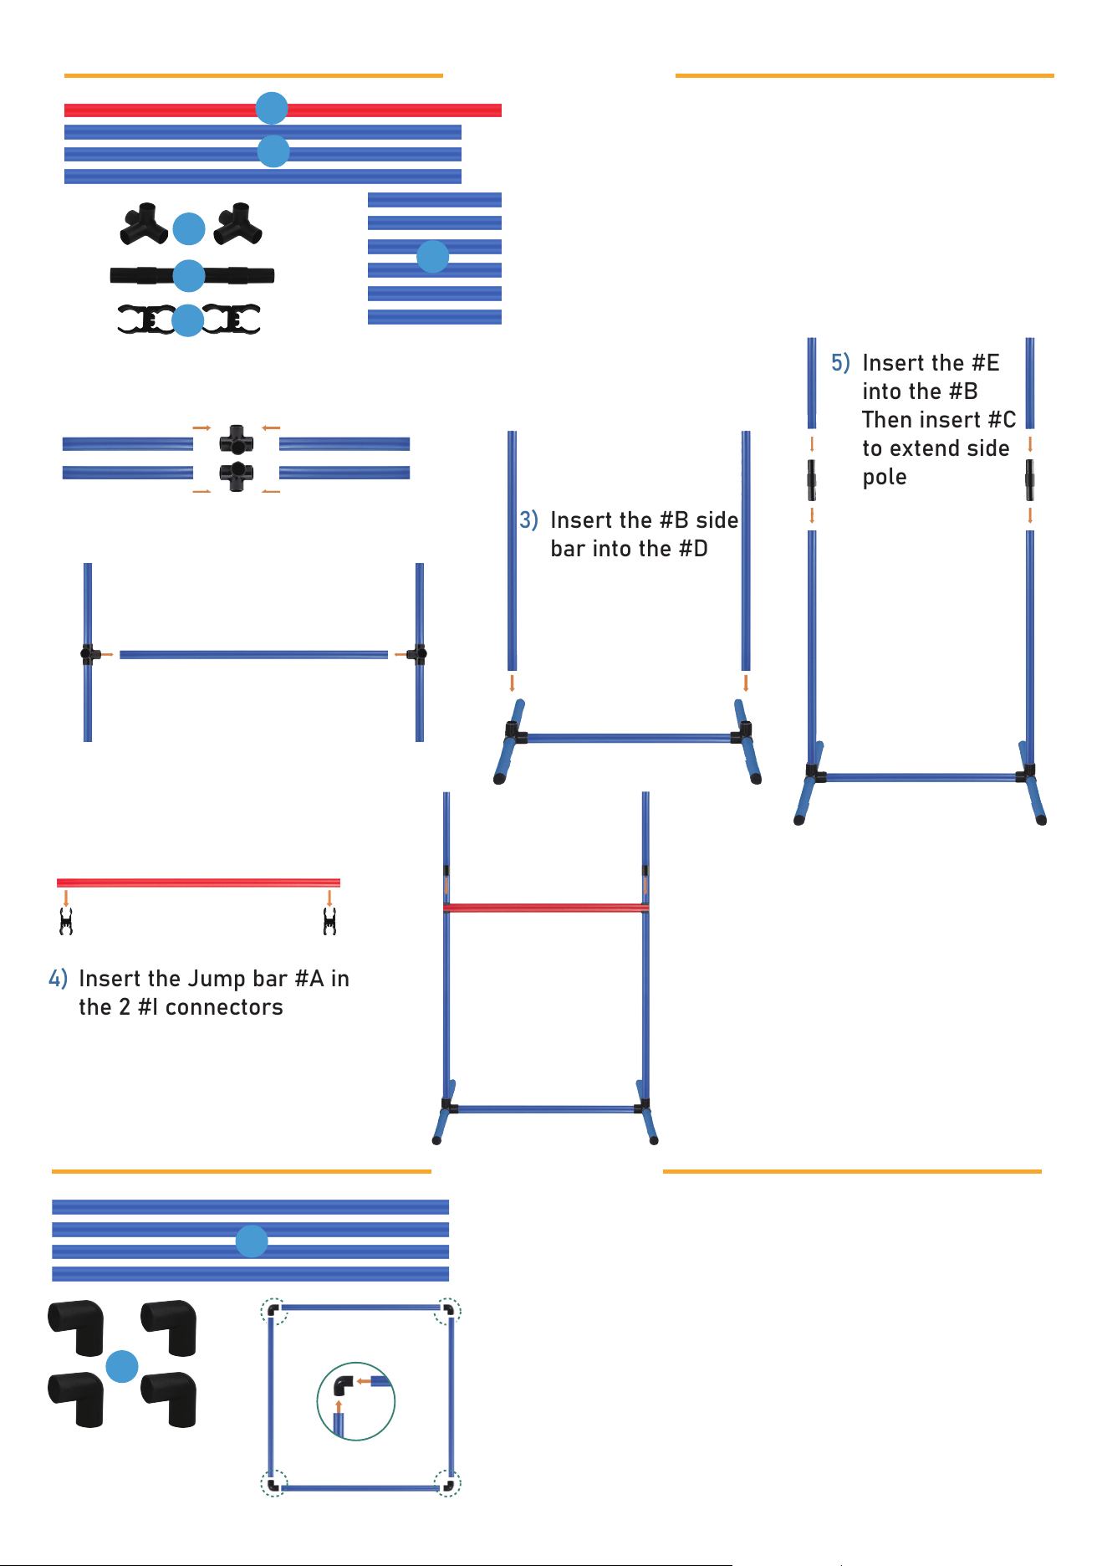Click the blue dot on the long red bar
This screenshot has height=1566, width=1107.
[272, 108]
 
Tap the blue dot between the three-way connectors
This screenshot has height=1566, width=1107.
[189, 228]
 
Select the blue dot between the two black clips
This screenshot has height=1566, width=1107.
[187, 320]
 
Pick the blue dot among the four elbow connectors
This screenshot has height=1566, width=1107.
[122, 1366]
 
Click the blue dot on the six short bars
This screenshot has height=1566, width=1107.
[432, 257]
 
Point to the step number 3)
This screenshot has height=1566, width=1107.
[528, 520]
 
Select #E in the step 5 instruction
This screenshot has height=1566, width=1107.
[985, 363]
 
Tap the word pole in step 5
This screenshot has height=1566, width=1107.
[885, 478]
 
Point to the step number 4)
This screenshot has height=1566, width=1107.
[58, 979]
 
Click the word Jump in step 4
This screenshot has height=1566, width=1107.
[216, 980]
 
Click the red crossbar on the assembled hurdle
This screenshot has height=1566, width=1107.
[546, 908]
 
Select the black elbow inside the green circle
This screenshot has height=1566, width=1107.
[343, 1385]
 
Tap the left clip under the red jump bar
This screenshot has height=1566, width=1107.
[66, 922]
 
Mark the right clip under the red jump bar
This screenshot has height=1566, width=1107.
[329, 922]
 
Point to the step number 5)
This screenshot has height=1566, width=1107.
[840, 363]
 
